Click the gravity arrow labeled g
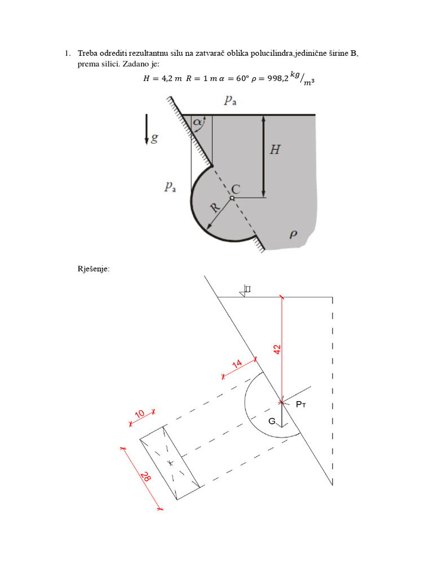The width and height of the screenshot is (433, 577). (x=147, y=128)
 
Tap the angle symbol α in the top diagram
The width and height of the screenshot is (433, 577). (x=197, y=122)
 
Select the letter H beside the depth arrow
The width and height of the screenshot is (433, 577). (x=275, y=150)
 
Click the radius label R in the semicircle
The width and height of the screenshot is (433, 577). (x=214, y=207)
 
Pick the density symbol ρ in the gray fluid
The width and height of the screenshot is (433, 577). (x=293, y=234)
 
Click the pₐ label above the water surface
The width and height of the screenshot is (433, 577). (x=230, y=101)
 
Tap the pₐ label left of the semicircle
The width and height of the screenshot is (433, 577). (x=170, y=187)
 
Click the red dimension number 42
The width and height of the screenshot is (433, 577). (x=277, y=349)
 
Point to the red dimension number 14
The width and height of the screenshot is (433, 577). (x=237, y=365)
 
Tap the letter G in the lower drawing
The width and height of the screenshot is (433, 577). (x=272, y=421)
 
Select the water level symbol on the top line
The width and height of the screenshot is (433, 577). (x=245, y=291)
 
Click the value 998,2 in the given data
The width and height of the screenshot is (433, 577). (x=274, y=79)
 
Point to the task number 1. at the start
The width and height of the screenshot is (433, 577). (x=67, y=54)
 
